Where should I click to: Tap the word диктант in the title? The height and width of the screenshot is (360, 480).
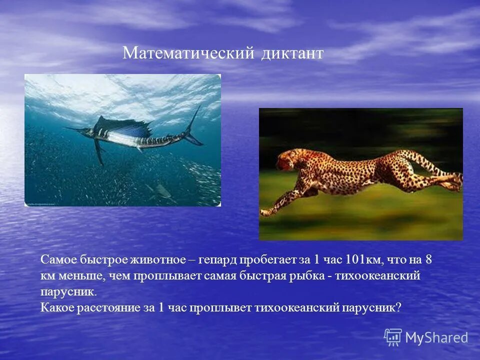tap(292, 53)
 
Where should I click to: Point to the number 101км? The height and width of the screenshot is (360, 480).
tap(362, 260)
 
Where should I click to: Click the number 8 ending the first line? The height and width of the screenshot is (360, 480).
tap(428, 260)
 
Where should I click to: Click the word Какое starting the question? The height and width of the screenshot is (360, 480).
tap(57, 307)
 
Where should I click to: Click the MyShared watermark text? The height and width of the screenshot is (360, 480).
tap(436, 337)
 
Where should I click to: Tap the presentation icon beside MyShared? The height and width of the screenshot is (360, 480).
tap(393, 337)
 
